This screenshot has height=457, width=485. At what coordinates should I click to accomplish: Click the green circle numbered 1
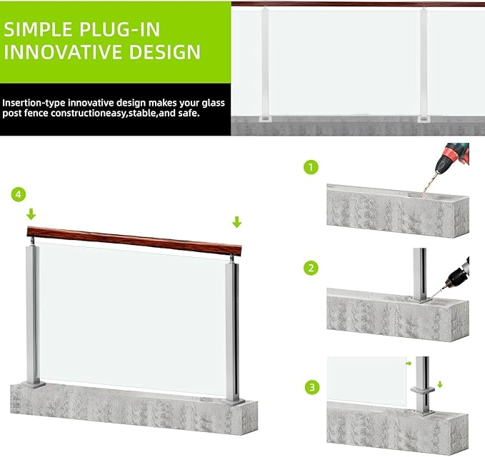tap(311, 167)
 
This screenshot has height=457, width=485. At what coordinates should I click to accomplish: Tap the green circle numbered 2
tap(311, 268)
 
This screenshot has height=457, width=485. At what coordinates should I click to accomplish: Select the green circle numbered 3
tap(311, 387)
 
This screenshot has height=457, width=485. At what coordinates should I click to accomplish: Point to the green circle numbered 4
tap(19, 194)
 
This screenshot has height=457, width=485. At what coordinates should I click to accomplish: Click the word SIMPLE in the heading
tap(39, 30)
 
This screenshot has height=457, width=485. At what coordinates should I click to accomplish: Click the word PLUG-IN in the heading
tap(120, 30)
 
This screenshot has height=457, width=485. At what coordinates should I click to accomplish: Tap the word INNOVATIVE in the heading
tap(63, 51)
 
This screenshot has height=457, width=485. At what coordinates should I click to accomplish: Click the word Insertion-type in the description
tap(34, 103)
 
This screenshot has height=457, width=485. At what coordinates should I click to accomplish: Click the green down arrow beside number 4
tap(31, 214)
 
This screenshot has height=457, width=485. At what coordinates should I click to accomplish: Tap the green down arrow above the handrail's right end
tap(236, 222)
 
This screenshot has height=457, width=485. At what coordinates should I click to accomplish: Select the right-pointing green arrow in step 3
tap(409, 363)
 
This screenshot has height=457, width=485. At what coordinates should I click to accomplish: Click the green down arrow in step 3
tap(440, 384)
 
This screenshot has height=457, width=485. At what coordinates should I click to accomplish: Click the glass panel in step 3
tap(367, 381)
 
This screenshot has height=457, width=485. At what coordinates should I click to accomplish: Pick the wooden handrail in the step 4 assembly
tap(134, 241)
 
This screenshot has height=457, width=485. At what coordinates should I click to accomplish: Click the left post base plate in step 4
tap(33, 384)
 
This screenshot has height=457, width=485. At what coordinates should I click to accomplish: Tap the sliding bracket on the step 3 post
tap(423, 390)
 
